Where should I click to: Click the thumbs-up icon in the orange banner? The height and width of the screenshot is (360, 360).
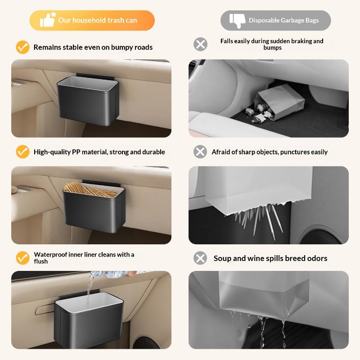[48, 19]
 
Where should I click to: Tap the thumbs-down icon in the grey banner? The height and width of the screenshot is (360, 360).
[237, 20]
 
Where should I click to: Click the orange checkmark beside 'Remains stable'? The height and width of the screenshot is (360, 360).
[22, 47]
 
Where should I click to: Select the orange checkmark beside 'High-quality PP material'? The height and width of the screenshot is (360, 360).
[22, 152]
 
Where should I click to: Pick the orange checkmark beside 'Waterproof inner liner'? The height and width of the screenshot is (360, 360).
[22, 258]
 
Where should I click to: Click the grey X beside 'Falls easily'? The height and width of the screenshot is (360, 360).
[200, 44]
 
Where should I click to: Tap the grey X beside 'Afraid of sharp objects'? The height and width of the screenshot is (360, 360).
[200, 152]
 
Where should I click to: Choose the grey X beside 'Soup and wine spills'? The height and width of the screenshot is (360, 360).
[200, 258]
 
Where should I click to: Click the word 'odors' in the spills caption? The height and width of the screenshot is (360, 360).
[317, 258]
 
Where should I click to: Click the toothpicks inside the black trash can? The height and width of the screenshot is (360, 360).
[91, 190]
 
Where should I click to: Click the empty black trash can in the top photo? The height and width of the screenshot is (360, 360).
[88, 101]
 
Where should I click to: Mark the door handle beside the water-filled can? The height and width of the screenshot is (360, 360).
[45, 309]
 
